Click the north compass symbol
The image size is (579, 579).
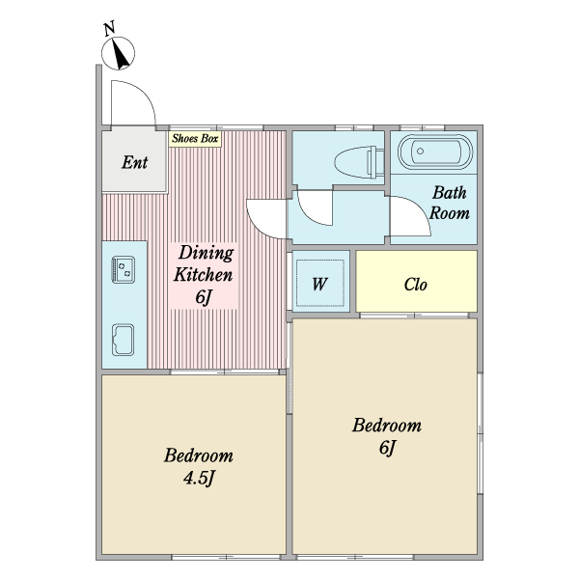[x=118, y=53]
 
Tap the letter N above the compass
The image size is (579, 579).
[x=109, y=28]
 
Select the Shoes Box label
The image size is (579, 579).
[x=195, y=139]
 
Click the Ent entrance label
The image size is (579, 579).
[x=135, y=162]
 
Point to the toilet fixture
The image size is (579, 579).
[x=359, y=162]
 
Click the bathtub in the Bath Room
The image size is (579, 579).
[x=435, y=152]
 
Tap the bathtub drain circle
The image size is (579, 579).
[x=420, y=152]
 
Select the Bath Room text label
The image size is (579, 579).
[x=450, y=203]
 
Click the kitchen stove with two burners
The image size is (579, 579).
[x=124, y=269]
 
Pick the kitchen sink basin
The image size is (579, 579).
[x=123, y=340]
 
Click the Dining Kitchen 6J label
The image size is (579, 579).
[x=204, y=275]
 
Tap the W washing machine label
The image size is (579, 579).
[x=319, y=285]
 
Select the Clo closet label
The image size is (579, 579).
[x=416, y=285]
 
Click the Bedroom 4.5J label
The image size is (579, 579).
[x=199, y=467]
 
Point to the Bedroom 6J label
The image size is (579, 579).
[x=387, y=436]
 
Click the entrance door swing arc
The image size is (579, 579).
[x=144, y=92]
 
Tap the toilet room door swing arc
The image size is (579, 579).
[x=310, y=214]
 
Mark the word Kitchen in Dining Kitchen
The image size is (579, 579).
[x=204, y=275]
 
